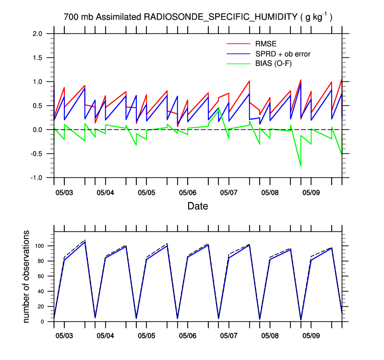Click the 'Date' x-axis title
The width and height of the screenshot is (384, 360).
coord(198,206)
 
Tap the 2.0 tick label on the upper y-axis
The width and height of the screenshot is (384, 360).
coord(37,34)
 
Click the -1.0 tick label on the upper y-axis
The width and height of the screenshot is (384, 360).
coord(36,178)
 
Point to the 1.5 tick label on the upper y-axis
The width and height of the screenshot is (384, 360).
coord(37,58)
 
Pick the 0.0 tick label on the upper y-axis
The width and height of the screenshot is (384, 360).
coord(37,130)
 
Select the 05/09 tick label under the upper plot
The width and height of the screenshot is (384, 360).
coord(311,192)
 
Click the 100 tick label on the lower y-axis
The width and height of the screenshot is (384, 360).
coord(39,246)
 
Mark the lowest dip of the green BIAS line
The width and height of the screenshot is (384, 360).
coord(300,166)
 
